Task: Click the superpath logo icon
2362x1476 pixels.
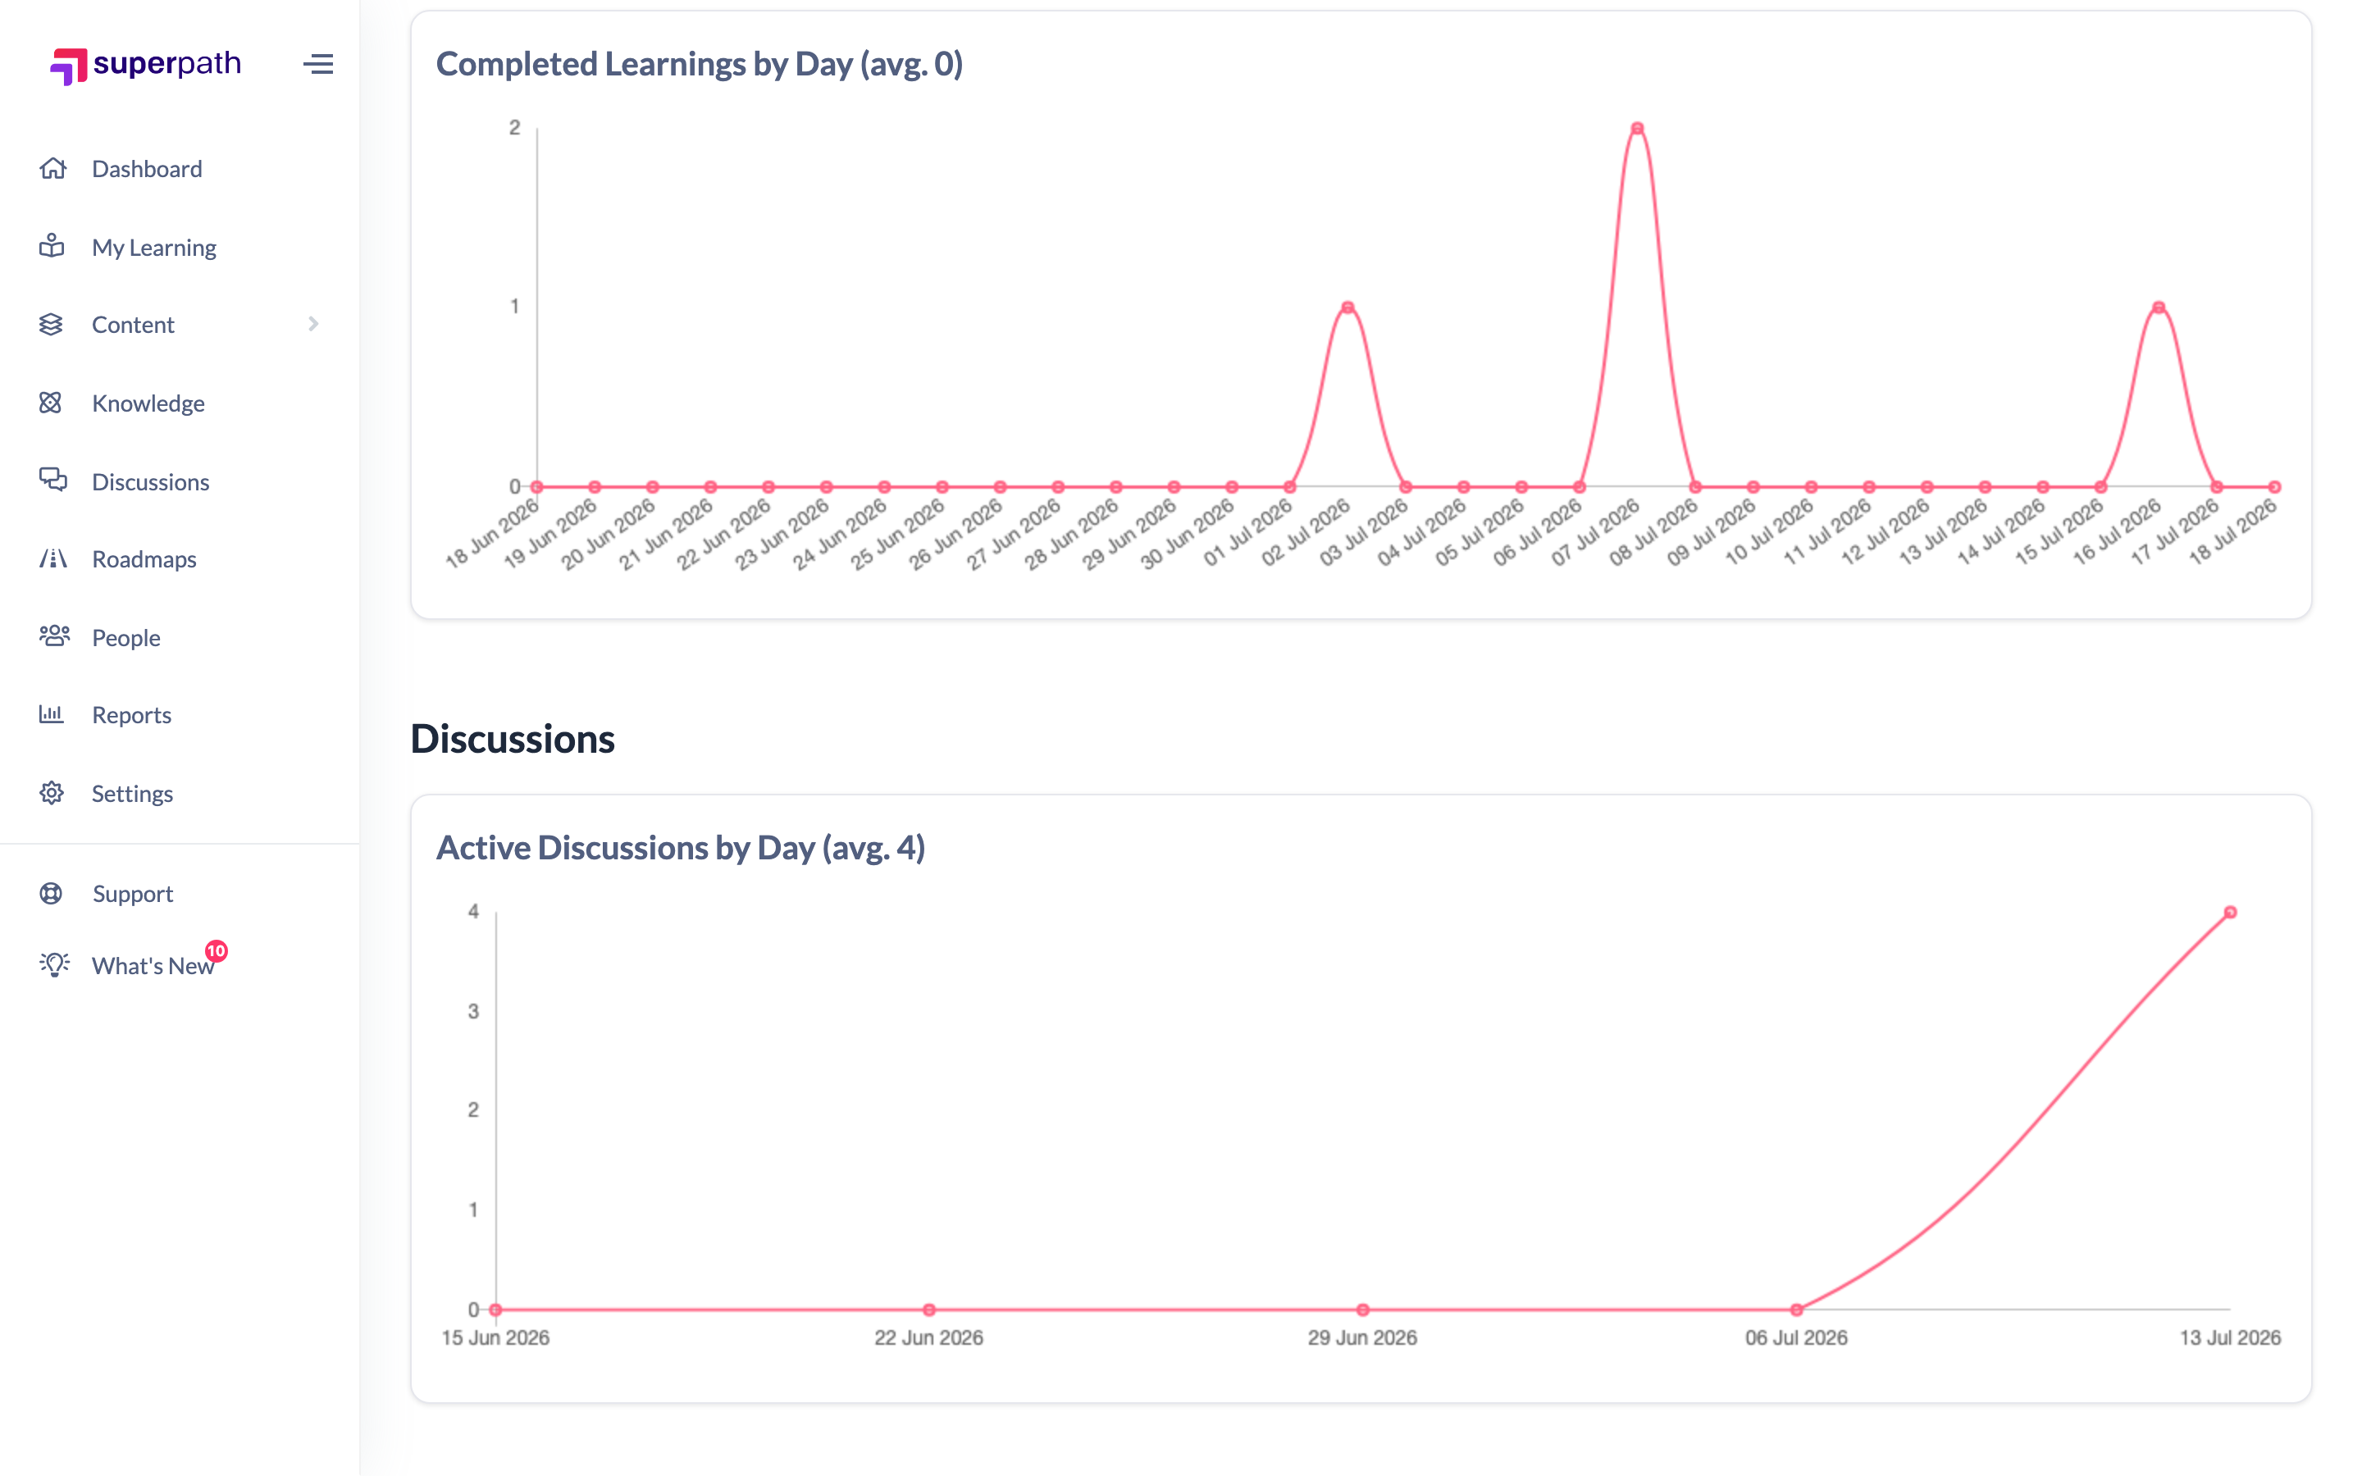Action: [68, 66]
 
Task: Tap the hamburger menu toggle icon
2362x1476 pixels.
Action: [318, 65]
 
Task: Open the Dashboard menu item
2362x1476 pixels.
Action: [147, 169]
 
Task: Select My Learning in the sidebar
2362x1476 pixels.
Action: [154, 247]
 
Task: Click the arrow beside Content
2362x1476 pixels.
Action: [313, 324]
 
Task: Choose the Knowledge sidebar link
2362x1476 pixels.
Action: [148, 403]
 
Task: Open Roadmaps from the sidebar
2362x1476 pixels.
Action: [144, 559]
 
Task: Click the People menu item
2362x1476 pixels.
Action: [126, 637]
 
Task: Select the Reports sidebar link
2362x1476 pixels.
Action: [132, 714]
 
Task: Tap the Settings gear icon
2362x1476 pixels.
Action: [52, 793]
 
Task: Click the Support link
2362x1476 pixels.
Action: [133, 893]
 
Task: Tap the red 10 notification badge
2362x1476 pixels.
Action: [217, 951]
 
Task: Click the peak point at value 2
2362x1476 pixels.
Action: [1637, 128]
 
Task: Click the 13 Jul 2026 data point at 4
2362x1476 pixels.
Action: [2230, 912]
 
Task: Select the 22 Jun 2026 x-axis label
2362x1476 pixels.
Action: [928, 1337]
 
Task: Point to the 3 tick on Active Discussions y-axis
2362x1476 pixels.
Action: [473, 1011]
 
